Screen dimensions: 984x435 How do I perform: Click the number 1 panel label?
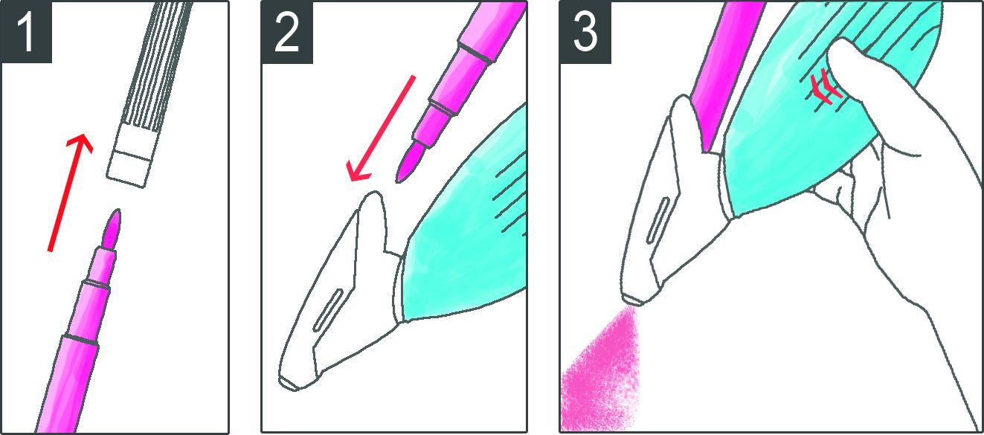(x=26, y=32)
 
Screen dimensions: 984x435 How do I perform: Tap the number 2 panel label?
(x=287, y=32)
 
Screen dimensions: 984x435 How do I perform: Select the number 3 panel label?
(x=585, y=32)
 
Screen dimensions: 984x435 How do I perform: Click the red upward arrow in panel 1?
(x=70, y=193)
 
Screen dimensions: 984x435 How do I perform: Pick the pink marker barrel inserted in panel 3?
(x=725, y=74)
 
